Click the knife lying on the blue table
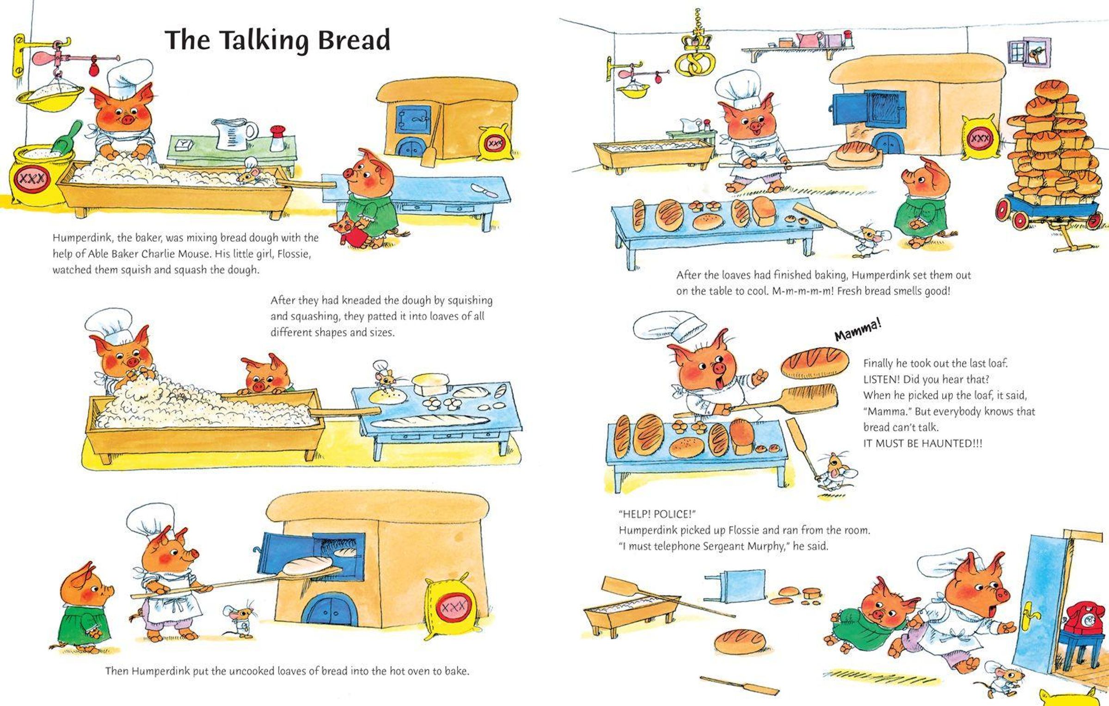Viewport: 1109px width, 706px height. click(484, 190)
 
